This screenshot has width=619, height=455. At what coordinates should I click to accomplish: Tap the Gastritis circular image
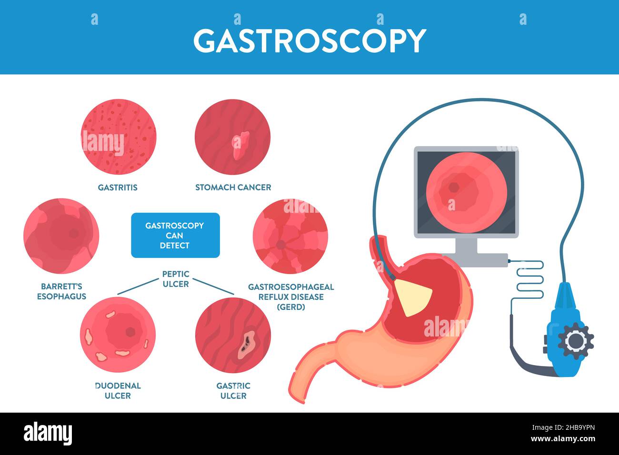pyautogui.click(x=119, y=137)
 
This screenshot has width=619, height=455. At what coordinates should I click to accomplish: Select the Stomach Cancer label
pyautogui.click(x=233, y=188)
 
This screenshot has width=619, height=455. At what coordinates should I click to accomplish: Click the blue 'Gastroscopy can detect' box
pyautogui.click(x=175, y=235)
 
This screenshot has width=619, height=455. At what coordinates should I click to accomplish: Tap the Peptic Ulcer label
pyautogui.click(x=175, y=279)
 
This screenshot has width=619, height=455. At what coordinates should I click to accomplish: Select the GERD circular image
pyautogui.click(x=290, y=237)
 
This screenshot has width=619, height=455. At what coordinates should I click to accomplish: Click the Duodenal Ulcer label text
pyautogui.click(x=118, y=390)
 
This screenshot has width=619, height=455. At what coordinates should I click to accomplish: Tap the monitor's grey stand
pyautogui.click(x=466, y=247)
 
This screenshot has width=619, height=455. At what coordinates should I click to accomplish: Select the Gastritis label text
pyautogui.click(x=118, y=188)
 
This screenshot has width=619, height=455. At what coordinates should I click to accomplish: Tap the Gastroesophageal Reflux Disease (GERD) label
pyautogui.click(x=290, y=297)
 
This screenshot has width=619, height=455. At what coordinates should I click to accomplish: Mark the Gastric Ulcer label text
pyautogui.click(x=233, y=390)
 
